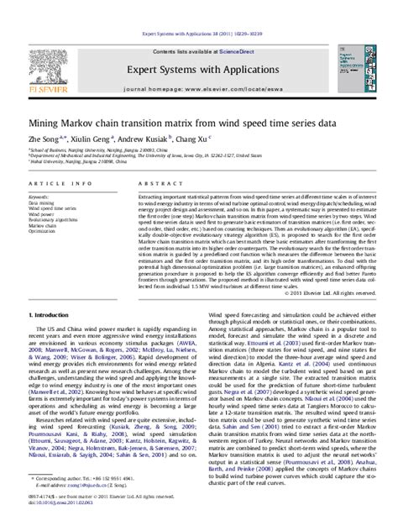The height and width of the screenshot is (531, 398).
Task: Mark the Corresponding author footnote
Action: (76, 501)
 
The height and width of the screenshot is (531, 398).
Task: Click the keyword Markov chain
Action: (43, 226)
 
